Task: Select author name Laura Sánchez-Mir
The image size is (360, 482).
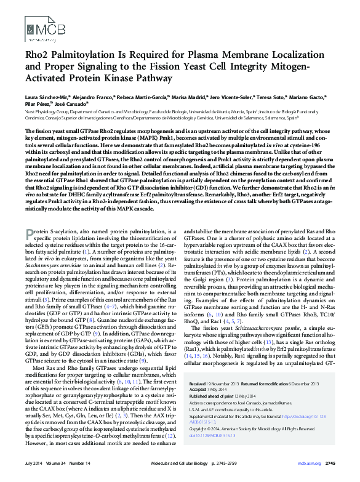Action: click(47, 97)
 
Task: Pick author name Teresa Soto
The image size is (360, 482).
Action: click(269, 97)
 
